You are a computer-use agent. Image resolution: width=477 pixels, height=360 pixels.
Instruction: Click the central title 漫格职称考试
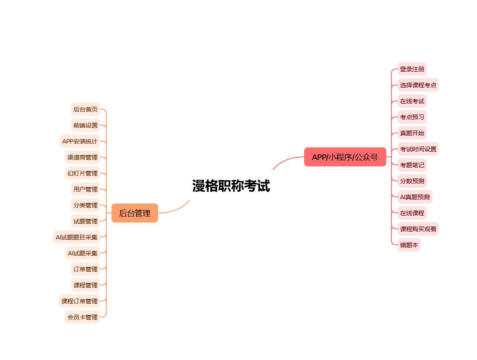click(x=231, y=186)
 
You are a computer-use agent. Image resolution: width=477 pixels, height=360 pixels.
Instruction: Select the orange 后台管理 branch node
click(x=135, y=213)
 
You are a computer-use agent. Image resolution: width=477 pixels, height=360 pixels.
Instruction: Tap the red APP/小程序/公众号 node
click(x=345, y=157)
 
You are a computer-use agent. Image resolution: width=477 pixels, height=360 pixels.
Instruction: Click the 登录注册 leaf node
click(x=412, y=69)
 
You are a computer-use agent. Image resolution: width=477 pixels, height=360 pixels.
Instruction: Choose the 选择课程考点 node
click(x=418, y=85)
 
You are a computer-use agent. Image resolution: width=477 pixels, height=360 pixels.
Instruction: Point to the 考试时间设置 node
click(x=418, y=149)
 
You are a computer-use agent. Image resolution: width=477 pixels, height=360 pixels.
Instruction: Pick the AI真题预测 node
click(x=415, y=197)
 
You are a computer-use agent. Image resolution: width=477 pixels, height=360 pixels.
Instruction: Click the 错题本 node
click(x=409, y=245)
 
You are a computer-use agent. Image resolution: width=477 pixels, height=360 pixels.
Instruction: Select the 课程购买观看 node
click(x=418, y=229)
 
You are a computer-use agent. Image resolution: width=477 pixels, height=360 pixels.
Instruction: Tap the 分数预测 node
click(x=412, y=181)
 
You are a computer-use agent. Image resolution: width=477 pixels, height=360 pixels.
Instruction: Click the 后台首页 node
click(x=86, y=109)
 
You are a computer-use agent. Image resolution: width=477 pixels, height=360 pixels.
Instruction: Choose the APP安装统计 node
click(x=79, y=141)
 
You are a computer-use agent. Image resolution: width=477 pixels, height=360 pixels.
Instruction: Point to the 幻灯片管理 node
click(x=83, y=173)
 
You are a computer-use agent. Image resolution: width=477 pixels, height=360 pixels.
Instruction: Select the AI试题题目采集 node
click(x=76, y=237)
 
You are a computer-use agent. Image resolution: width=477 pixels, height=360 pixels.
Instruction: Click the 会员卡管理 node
click(x=83, y=317)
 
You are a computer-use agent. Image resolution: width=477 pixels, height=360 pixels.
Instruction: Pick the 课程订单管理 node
click(x=79, y=301)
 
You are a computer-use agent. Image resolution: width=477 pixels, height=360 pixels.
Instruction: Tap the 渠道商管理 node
click(x=83, y=157)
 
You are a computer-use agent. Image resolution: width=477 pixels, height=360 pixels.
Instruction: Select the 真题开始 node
click(x=412, y=133)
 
